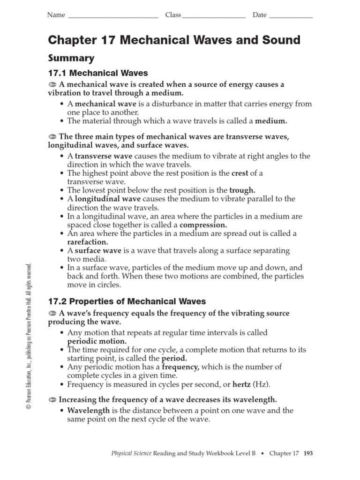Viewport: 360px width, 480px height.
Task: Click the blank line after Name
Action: tap(113, 16)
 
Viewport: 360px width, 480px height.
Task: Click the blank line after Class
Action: tap(214, 16)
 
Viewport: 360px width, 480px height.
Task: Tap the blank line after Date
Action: tap(291, 16)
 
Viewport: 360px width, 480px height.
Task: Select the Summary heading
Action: tap(71, 58)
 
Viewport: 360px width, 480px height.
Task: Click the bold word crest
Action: tap(240, 173)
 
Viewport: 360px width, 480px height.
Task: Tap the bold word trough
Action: tap(242, 190)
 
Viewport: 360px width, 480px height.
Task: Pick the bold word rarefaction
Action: tap(88, 242)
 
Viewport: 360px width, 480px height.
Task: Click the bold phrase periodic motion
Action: tap(97, 341)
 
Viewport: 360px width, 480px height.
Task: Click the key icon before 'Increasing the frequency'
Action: tap(52, 400)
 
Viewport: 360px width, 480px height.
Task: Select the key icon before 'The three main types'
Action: tap(52, 136)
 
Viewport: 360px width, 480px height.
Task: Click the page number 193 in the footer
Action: tap(308, 453)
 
